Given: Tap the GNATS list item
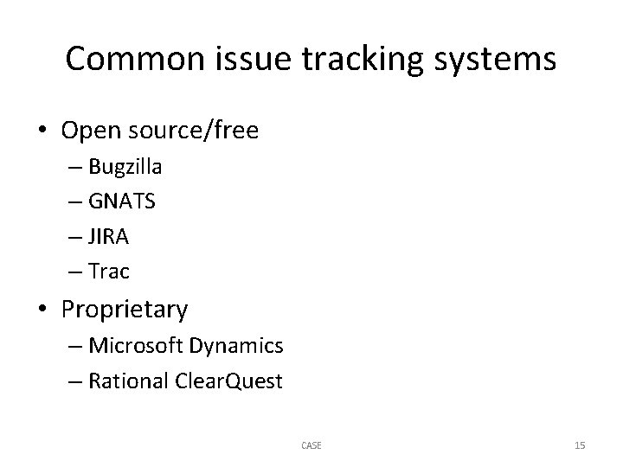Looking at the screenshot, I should point(121,202).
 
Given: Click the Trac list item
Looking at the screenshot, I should point(108,272).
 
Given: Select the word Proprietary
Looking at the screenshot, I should point(125,309).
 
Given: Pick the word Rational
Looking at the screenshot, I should point(127,381).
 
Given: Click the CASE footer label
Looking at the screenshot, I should point(311,445).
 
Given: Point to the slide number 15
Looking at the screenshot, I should point(580,445).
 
